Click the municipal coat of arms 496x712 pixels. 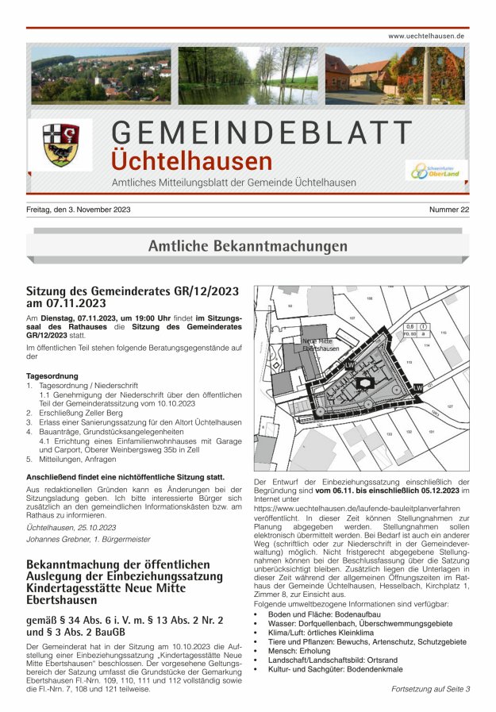pos(61,144)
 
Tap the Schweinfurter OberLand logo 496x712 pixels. pos(437,170)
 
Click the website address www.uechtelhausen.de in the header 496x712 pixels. pos(426,37)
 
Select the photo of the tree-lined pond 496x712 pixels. pos(248,76)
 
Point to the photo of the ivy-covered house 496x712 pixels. pos(396,76)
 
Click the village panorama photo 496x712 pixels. pos(101,76)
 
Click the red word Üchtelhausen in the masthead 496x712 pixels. pos(192,161)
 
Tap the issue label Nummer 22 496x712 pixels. pos(449,210)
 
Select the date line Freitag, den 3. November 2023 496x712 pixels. pos(79,210)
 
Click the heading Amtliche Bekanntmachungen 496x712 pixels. pos(248,246)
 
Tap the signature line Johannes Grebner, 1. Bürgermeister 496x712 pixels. pos(87,539)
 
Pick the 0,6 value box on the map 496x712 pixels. pos(409,326)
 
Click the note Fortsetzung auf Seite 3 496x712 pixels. pos(430,689)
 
